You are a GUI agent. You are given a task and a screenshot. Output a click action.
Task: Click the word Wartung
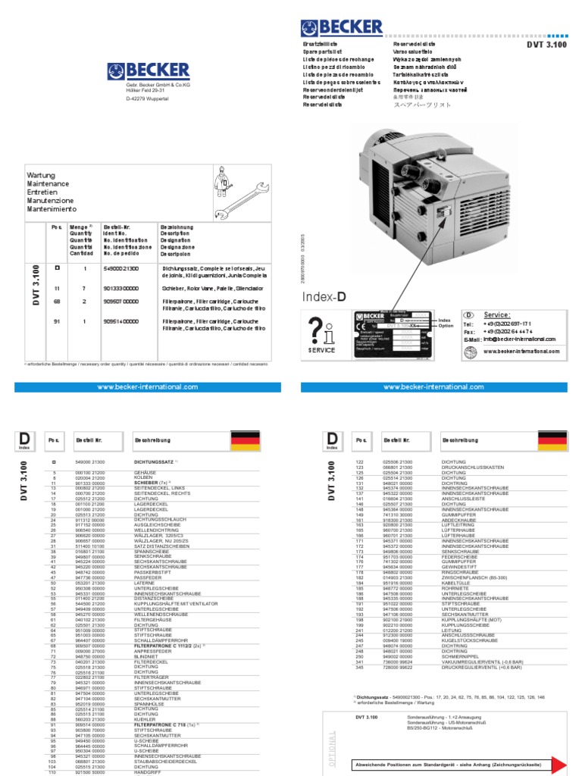point(41,176)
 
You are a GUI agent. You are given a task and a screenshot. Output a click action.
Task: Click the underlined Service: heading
point(496,314)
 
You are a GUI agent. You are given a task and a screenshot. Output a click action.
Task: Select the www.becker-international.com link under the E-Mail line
point(521,351)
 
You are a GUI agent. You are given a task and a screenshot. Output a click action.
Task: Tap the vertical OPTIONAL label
point(331,747)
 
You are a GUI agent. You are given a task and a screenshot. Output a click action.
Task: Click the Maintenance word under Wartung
point(48,184)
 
